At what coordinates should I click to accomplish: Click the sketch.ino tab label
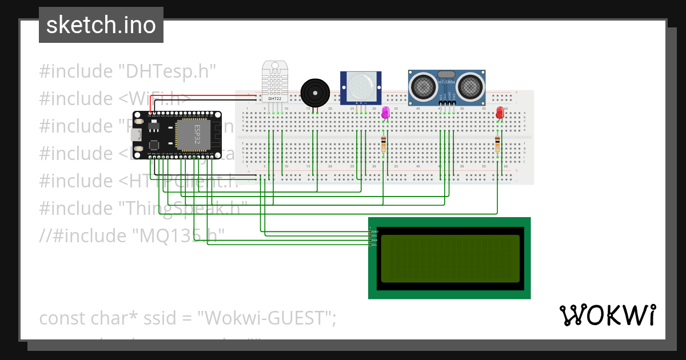pyautogui.click(x=101, y=25)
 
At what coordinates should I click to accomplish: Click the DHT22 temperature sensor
pyautogui.click(x=275, y=80)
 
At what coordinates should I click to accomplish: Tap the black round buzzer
pyautogui.click(x=315, y=91)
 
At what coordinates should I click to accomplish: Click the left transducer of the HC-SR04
pyautogui.click(x=422, y=86)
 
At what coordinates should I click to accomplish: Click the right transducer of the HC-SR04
pyautogui.click(x=471, y=86)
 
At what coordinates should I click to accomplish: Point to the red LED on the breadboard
pyautogui.click(x=500, y=112)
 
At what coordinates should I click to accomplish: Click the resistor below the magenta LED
pyautogui.click(x=384, y=145)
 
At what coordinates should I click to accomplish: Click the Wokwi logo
pyautogui.click(x=607, y=315)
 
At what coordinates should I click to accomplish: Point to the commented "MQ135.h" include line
pyautogui.click(x=131, y=235)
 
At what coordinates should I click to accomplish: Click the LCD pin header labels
pyautogui.click(x=374, y=238)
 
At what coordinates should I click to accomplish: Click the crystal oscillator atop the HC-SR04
pyautogui.click(x=446, y=74)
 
